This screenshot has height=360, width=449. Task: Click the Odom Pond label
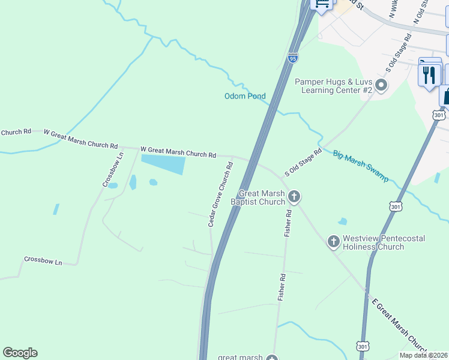[x=245, y=96]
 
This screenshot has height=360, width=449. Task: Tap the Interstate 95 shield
[x=292, y=58]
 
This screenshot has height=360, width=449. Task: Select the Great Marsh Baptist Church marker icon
[x=294, y=196]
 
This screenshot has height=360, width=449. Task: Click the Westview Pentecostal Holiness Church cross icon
[x=333, y=242]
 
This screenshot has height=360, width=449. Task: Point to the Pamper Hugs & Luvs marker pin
[x=381, y=85]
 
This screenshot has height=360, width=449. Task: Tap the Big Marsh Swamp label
[x=361, y=166]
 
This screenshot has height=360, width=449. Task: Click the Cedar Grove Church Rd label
[x=220, y=193]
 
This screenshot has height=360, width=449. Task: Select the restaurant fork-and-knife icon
[x=429, y=75]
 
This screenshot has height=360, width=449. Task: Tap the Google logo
[x=20, y=353]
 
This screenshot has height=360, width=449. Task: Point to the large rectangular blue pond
[x=163, y=163]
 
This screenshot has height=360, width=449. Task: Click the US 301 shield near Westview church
[x=395, y=206]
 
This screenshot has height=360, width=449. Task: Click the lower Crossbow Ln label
[x=43, y=261]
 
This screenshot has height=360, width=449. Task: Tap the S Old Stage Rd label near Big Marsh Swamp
[x=303, y=162]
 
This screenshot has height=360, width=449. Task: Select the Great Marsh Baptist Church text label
[x=262, y=197]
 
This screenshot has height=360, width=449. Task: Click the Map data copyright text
[x=424, y=355]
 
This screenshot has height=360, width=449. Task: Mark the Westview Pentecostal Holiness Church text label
[x=384, y=242]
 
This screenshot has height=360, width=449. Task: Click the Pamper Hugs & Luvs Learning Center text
[x=334, y=85]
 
